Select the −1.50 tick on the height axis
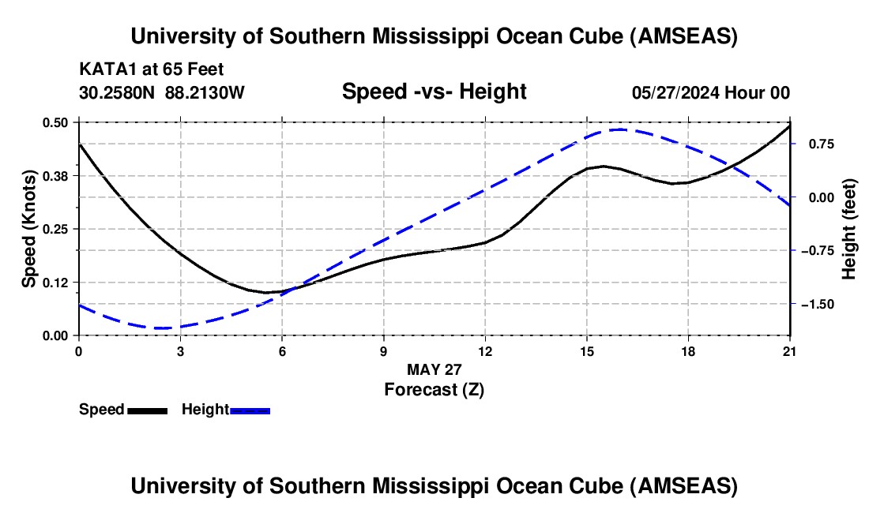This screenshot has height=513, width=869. click(x=819, y=304)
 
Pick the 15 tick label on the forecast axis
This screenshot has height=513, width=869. click(x=586, y=351)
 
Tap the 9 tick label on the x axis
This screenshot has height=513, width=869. click(x=384, y=351)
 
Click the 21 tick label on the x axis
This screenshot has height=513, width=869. click(x=789, y=351)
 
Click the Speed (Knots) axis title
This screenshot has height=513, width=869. click(x=28, y=229)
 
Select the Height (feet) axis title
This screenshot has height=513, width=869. click(x=849, y=229)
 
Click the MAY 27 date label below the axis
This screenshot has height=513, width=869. click(x=434, y=369)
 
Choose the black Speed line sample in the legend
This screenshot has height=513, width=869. click(x=147, y=410)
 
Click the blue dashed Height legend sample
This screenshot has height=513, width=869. click(x=250, y=410)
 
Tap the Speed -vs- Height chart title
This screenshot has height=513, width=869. click(x=434, y=92)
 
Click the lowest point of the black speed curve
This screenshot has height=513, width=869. click(x=267, y=293)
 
